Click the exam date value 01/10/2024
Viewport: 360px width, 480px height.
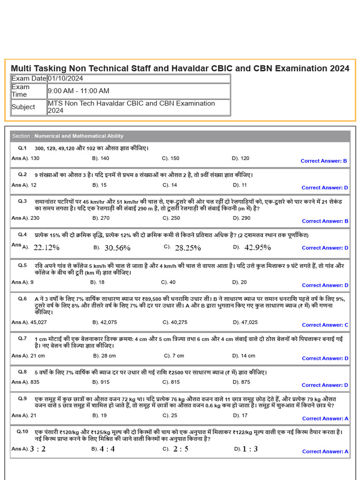[65, 78]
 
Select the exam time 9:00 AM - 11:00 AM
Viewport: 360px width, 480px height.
[78, 90]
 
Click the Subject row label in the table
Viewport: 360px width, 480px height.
[23, 107]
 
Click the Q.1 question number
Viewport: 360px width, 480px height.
[22, 148]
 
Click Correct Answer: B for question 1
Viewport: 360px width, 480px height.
[324, 161]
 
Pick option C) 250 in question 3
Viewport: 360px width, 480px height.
[171, 218]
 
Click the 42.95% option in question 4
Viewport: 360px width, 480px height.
[257, 247]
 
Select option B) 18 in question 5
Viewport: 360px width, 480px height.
[97, 282]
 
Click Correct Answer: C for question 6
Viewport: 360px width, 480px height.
[325, 325]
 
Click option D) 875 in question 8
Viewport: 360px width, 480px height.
[241, 382]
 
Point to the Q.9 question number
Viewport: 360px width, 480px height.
[22, 398]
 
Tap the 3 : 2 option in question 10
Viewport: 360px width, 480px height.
[37, 449]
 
